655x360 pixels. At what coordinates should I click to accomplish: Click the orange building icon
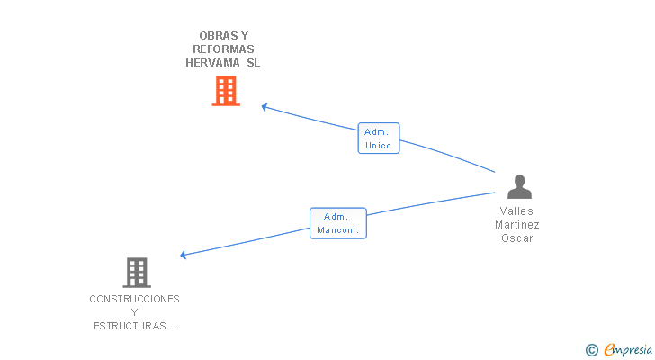click(226, 91)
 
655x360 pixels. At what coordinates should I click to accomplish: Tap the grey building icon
click(136, 272)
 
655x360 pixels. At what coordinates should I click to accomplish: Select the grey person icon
click(519, 186)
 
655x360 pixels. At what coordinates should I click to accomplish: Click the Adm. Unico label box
click(378, 139)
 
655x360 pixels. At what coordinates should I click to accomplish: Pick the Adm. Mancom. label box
click(338, 223)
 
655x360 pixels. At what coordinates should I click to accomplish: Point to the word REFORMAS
click(223, 49)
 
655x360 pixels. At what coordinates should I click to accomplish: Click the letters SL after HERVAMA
click(253, 63)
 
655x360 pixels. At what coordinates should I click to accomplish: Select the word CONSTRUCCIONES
click(134, 299)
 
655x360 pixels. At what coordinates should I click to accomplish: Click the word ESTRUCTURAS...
click(134, 326)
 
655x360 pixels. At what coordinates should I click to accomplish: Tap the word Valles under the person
click(517, 211)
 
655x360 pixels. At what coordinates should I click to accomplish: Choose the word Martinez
click(517, 225)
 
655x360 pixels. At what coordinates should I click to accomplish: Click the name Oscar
click(517, 238)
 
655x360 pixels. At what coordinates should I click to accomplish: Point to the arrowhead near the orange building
click(265, 107)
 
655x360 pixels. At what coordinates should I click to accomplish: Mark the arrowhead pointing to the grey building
click(184, 255)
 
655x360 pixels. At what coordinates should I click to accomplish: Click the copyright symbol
click(591, 350)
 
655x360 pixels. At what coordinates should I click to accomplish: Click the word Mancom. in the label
click(338, 230)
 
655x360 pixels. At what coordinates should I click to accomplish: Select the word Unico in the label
click(378, 146)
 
